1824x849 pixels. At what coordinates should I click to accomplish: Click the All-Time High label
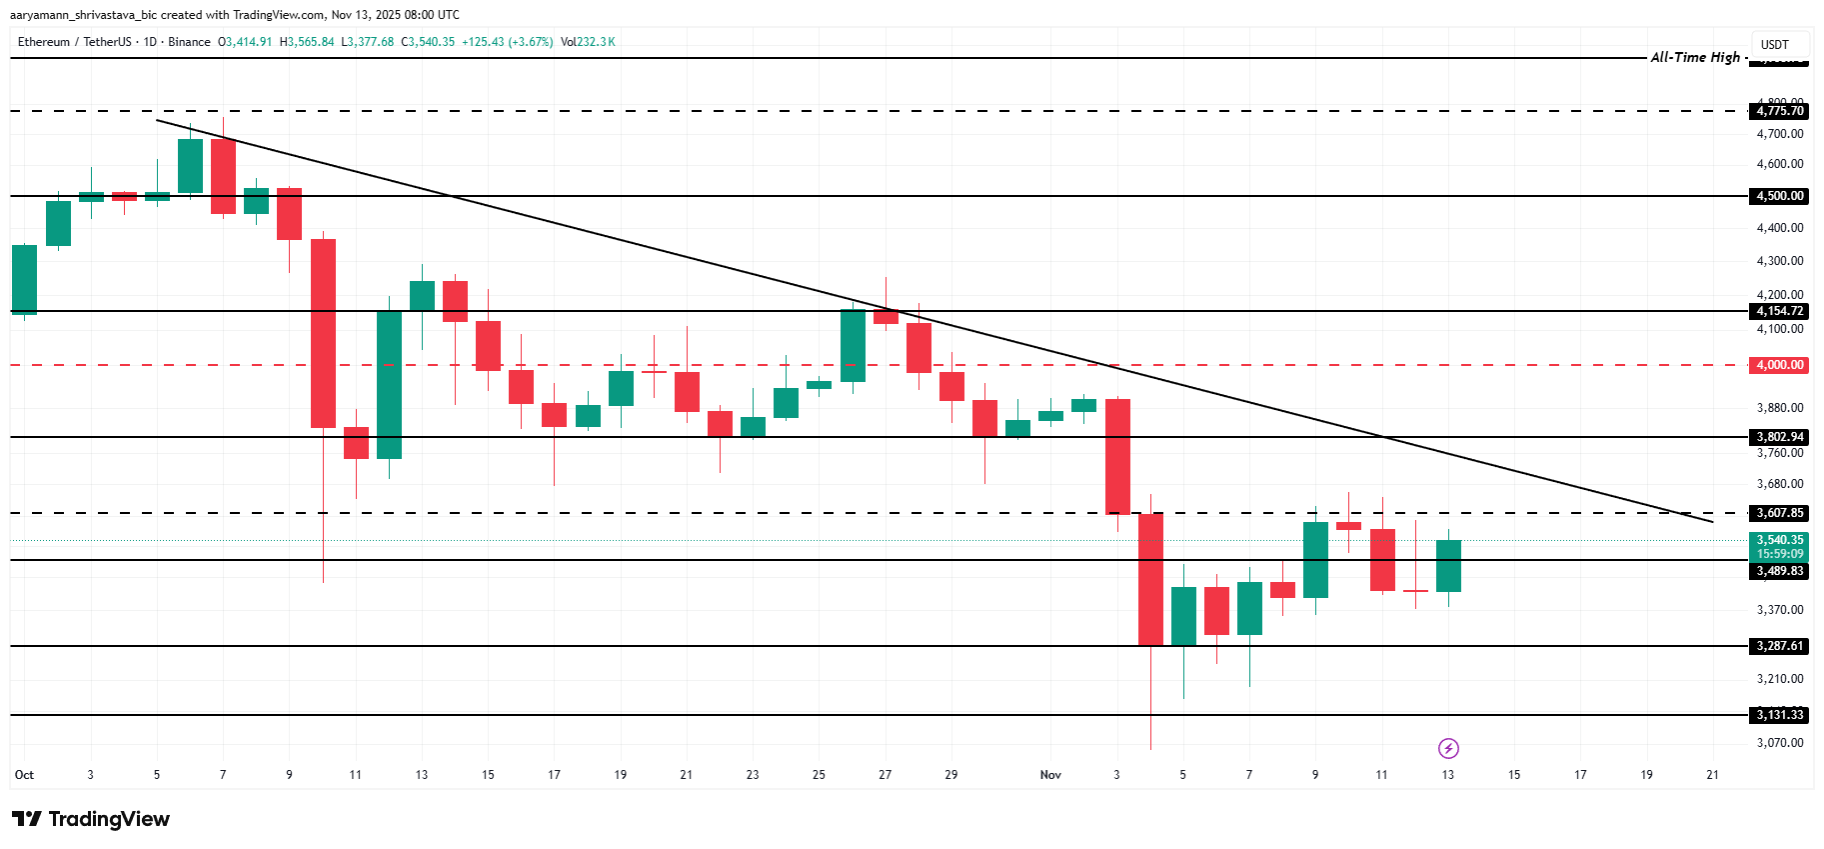(x=1695, y=57)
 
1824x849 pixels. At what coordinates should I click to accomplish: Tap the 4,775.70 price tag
(x=1780, y=111)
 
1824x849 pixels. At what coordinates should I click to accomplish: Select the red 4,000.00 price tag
(x=1780, y=365)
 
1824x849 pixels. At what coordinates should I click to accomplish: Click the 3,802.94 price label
(x=1780, y=437)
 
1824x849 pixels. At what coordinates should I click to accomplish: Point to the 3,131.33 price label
(x=1780, y=715)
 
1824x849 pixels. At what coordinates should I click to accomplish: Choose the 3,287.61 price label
(x=1780, y=646)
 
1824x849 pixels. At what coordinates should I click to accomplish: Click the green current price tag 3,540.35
(x=1780, y=540)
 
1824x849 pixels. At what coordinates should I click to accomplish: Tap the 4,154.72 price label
(x=1780, y=311)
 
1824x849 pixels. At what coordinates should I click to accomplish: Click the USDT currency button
(x=1775, y=45)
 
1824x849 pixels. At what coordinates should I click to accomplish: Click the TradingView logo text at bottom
(x=92, y=819)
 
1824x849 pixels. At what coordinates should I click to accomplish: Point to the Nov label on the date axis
(x=1050, y=775)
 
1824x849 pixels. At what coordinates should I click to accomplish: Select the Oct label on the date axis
(x=25, y=775)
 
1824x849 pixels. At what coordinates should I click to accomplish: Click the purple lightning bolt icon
(x=1448, y=748)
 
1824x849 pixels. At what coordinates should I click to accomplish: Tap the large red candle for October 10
(x=323, y=333)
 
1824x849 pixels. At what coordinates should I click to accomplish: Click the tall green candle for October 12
(x=389, y=385)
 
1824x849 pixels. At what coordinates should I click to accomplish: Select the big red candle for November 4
(x=1150, y=579)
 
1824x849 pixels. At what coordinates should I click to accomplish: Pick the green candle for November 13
(x=1448, y=566)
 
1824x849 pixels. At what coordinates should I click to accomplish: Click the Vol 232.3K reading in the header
(x=588, y=42)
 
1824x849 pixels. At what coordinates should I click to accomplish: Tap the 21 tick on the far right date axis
(x=1713, y=775)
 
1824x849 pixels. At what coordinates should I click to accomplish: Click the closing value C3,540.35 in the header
(x=428, y=42)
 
